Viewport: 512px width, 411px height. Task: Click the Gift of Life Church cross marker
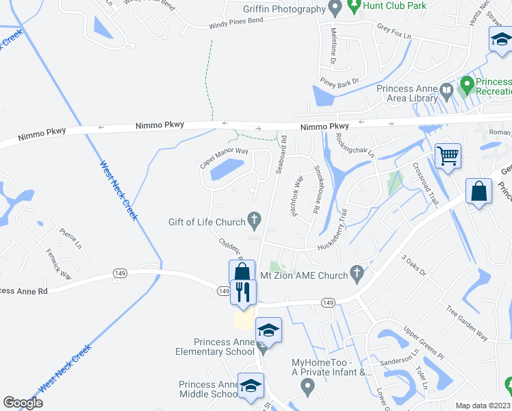coord(254,220)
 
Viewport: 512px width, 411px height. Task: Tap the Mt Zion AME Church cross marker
coord(356,273)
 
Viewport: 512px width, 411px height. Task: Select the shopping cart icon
coord(448,155)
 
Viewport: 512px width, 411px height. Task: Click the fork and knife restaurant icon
coord(242,292)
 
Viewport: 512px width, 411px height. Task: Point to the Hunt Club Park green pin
coord(354,7)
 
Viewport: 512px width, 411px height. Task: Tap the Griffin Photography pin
coord(335,8)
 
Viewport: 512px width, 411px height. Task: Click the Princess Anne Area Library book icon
coord(446,90)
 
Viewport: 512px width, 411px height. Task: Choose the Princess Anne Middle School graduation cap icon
coord(251,385)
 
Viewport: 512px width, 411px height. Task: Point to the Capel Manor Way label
coord(223,158)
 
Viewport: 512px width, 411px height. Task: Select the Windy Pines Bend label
coord(234,25)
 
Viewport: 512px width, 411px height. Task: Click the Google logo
coord(23,402)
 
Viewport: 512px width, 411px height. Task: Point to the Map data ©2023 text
coord(483,406)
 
